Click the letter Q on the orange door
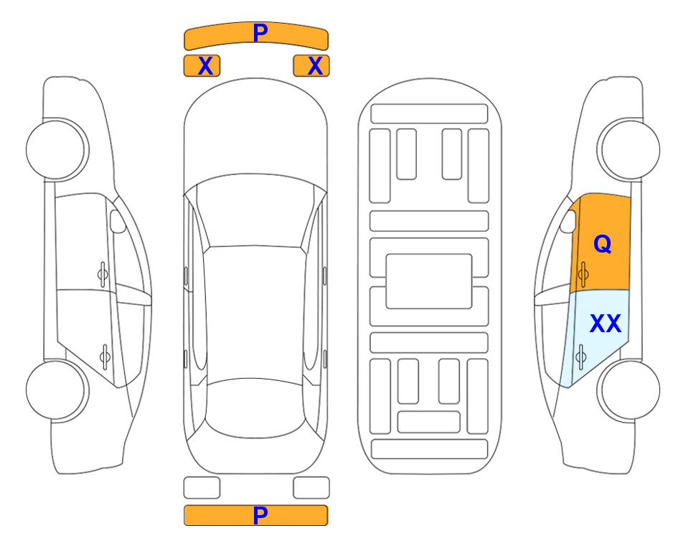click(x=603, y=244)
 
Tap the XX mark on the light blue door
click(x=606, y=324)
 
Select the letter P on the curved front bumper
click(x=260, y=33)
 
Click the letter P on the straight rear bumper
click(x=260, y=515)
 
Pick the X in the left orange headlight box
click(x=205, y=66)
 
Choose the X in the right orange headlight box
click(x=315, y=66)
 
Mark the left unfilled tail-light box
click(x=202, y=488)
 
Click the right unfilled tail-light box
click(x=311, y=488)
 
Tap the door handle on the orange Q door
click(x=583, y=274)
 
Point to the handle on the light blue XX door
click(x=580, y=357)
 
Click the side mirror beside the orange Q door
click(x=568, y=221)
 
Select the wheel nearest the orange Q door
click(x=629, y=150)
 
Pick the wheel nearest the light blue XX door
click(x=629, y=390)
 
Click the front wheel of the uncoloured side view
click(x=57, y=150)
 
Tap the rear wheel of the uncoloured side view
click(x=57, y=390)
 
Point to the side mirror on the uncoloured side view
click(x=118, y=221)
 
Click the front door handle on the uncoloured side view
click(x=103, y=274)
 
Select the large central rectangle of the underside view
click(x=429, y=281)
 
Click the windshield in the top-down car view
click(x=255, y=212)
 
